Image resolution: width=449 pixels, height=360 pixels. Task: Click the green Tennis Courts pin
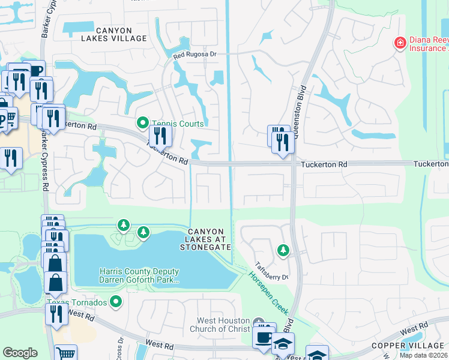point(142,123)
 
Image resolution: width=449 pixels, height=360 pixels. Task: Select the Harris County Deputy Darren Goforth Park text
point(139,275)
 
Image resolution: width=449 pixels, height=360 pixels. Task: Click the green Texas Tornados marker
point(116,301)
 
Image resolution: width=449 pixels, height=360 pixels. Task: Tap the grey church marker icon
point(259,322)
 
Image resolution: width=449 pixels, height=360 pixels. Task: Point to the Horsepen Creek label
point(268,293)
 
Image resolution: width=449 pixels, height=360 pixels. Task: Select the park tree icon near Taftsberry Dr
point(283,249)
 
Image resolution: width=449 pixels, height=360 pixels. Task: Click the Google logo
point(20,353)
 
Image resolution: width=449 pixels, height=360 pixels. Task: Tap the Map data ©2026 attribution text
point(423,355)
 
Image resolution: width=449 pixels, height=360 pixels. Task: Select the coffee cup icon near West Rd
point(264,336)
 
